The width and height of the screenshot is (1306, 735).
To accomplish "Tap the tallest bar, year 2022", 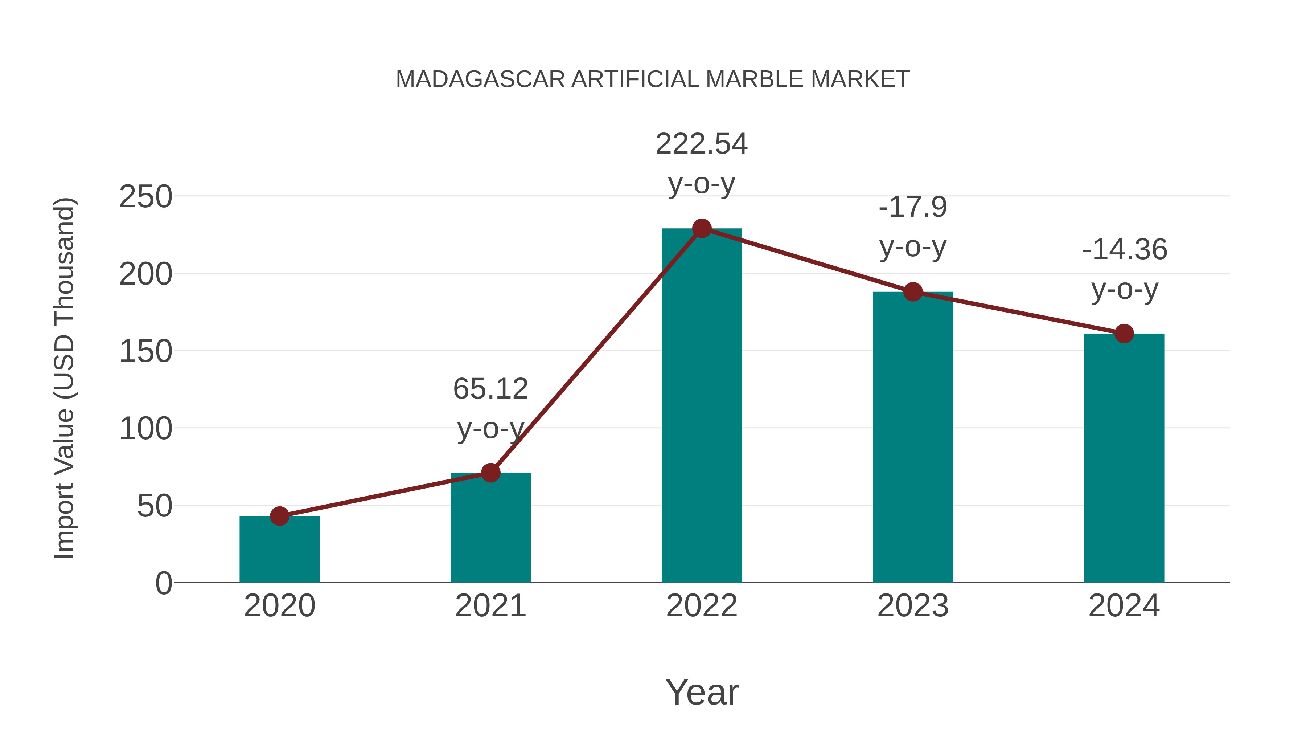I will point(702,406).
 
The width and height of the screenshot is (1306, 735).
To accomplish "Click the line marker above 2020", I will point(279,516).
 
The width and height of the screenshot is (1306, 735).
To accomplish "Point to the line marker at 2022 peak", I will point(702,229).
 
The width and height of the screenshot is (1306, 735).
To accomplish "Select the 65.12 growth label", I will point(490,389).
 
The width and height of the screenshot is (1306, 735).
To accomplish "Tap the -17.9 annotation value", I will point(913,207).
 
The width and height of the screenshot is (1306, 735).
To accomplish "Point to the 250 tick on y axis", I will point(145,197).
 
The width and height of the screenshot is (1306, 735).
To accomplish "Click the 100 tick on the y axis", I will point(145,429).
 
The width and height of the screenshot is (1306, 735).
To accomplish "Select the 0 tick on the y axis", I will point(163,583).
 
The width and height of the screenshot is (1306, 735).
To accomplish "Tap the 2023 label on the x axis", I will point(913,606).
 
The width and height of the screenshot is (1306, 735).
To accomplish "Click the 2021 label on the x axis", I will point(490,606).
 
